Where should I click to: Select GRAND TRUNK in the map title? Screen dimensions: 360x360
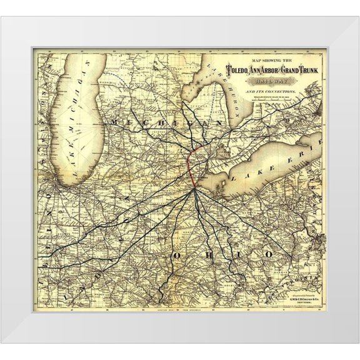click(x=302, y=70)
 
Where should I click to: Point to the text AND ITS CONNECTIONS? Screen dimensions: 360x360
click(x=272, y=91)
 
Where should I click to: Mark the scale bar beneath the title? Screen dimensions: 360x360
click(x=273, y=100)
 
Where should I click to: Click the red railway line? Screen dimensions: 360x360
click(x=189, y=166)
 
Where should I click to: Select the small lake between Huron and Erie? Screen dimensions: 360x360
click(x=207, y=149)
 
